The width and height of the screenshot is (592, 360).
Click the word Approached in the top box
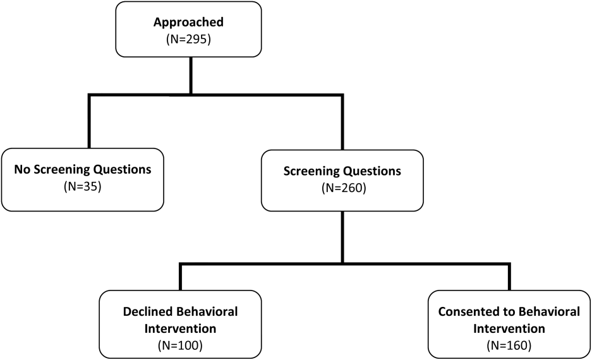pos(188,22)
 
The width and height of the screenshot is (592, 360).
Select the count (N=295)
pos(188,39)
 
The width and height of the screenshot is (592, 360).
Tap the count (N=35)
pos(83,186)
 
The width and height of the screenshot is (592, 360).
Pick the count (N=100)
pos(180,345)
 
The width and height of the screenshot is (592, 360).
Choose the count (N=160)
pos(509,345)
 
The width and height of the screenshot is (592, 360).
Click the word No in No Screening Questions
pos(22,169)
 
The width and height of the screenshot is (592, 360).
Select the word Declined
pos(148,312)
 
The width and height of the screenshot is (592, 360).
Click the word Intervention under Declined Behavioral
pos(180,328)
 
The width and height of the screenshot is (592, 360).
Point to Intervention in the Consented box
pos(509,328)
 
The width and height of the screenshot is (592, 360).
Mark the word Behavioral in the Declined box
pos(207,312)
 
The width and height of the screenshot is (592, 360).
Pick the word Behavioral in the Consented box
pos(549,312)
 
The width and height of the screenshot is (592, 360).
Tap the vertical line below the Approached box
pos(191,75)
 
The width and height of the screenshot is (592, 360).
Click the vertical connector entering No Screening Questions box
pos(89,121)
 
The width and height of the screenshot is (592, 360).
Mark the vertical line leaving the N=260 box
pos(342,237)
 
